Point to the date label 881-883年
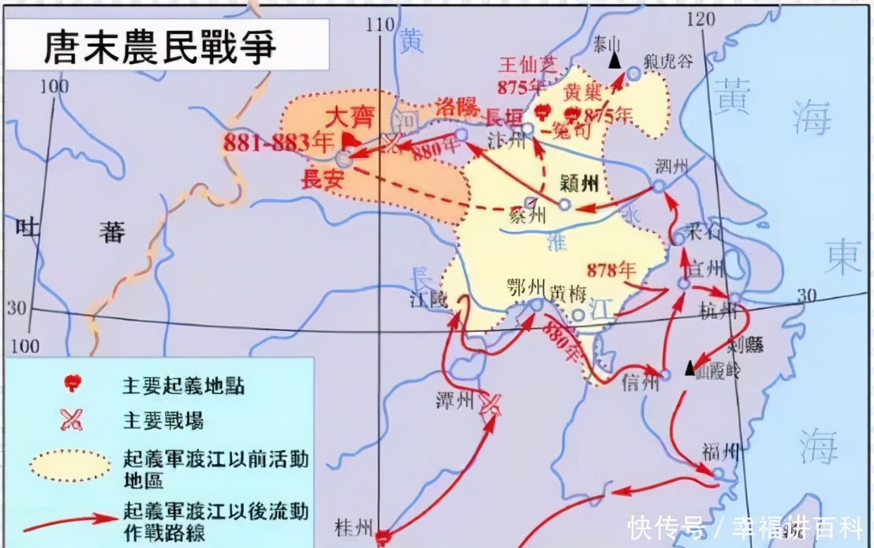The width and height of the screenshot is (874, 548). click(x=269, y=143)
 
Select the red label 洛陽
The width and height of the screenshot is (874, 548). click(x=457, y=107)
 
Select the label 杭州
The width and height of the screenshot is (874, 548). click(x=720, y=312)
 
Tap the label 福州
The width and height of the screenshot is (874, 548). click(x=722, y=451)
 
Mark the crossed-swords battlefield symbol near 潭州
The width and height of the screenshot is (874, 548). click(x=490, y=403)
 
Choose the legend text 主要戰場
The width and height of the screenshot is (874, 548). click(x=162, y=421)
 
